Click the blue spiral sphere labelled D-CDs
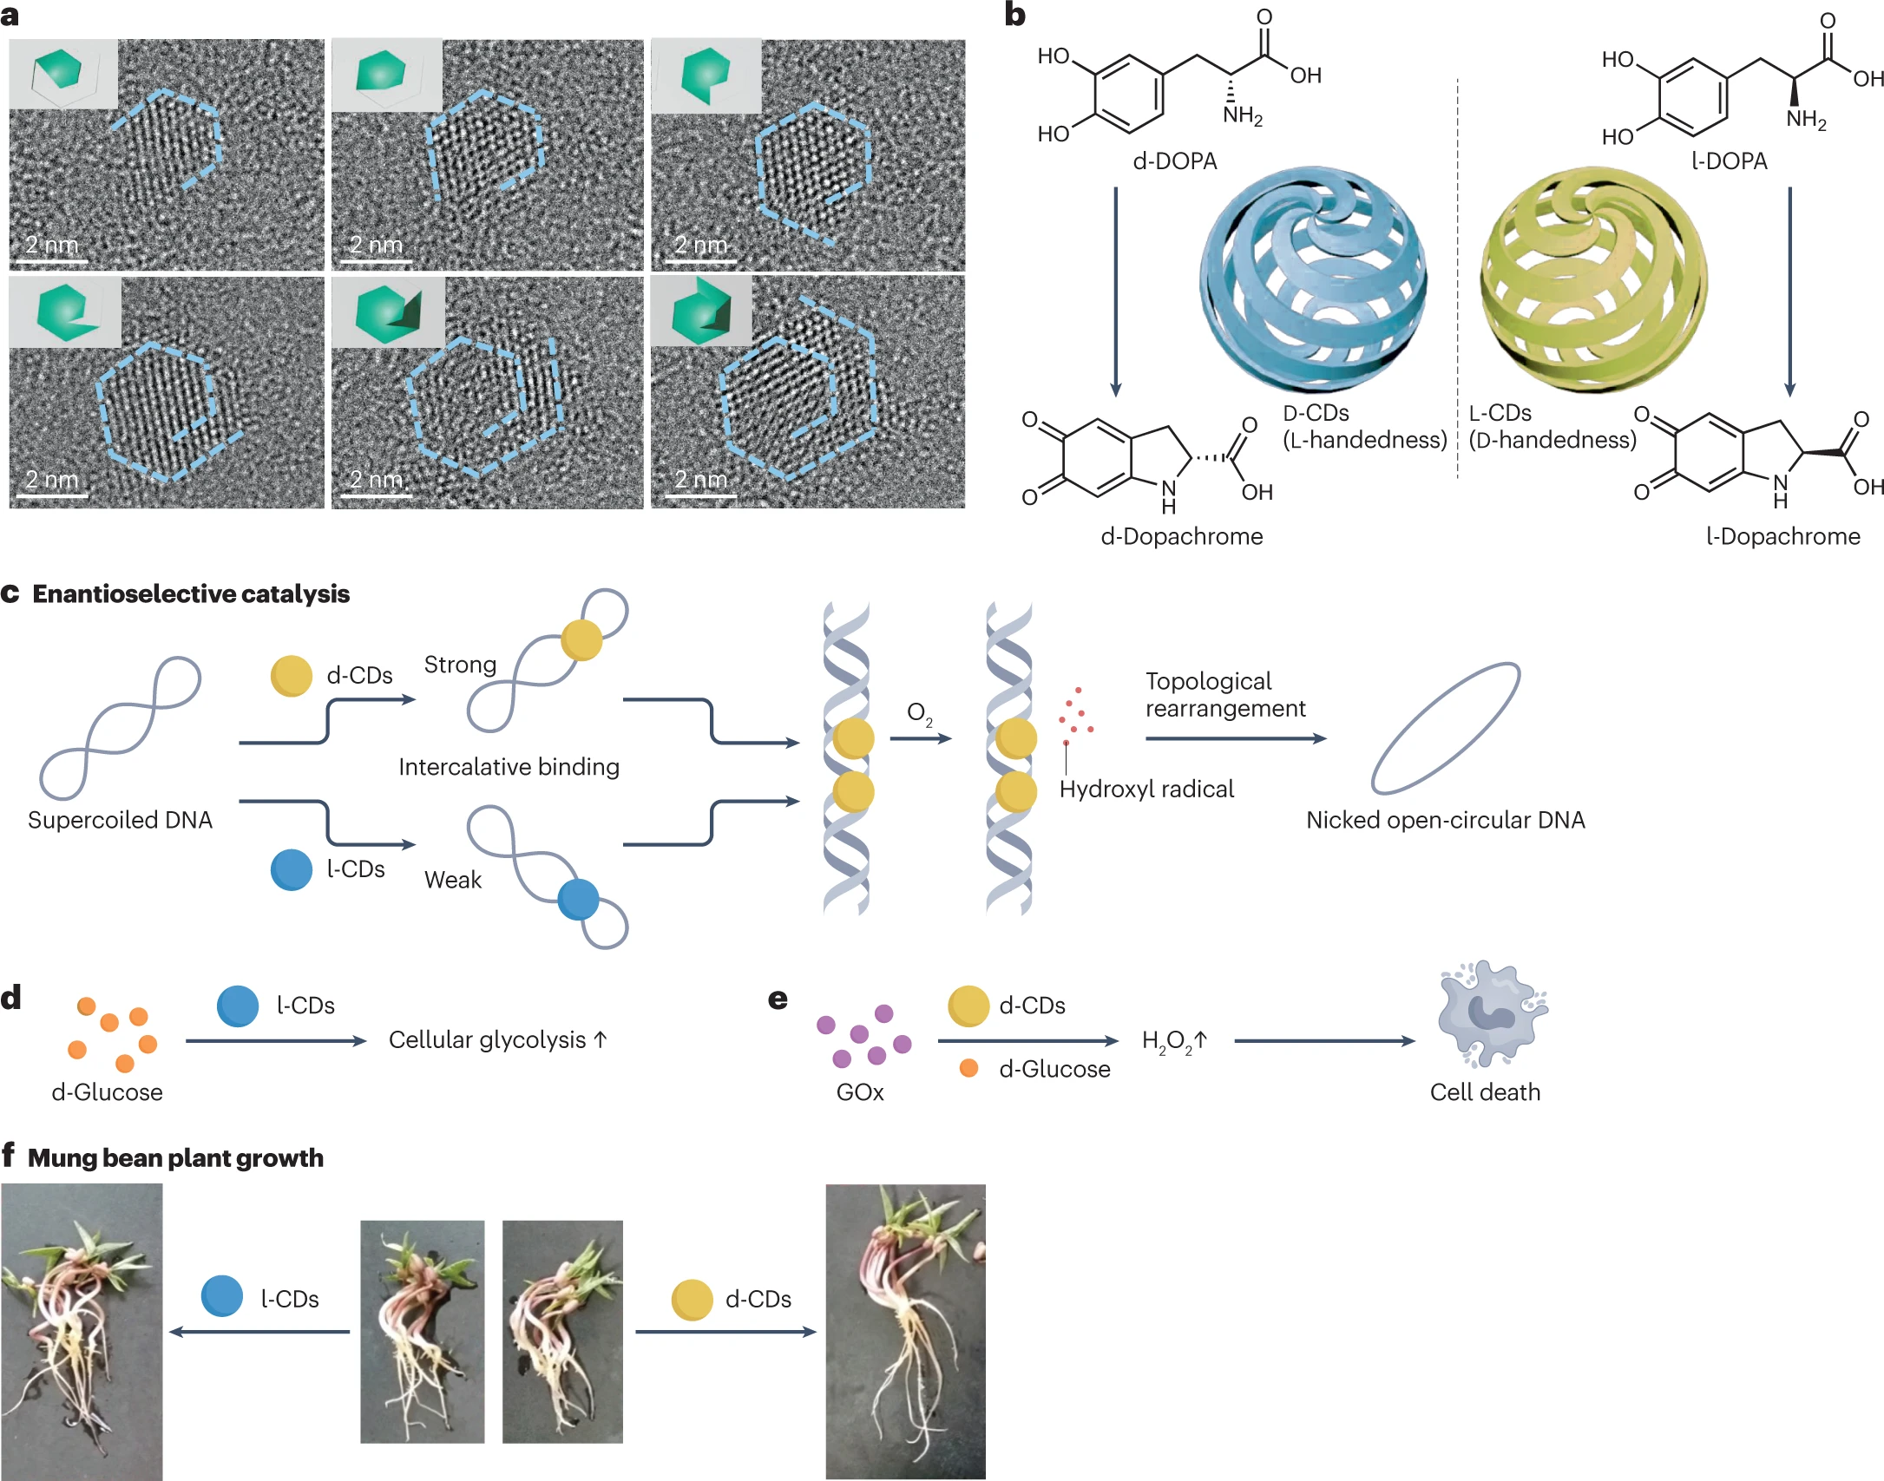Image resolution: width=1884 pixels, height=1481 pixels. [1312, 279]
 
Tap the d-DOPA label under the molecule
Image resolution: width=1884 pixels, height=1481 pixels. [1175, 161]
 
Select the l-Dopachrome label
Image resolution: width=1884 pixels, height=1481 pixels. [1782, 536]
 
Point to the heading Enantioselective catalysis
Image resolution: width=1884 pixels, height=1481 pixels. [191, 594]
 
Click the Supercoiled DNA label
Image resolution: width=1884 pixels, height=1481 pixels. [120, 820]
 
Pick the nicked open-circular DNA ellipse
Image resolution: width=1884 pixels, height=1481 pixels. [1445, 728]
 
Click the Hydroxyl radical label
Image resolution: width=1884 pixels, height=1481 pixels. [1146, 789]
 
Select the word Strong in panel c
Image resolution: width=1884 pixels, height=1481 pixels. [460, 665]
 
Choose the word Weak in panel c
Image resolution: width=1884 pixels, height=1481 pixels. [452, 880]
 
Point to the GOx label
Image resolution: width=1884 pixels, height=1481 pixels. [860, 1092]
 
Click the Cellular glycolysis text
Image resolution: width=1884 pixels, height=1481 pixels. [487, 1039]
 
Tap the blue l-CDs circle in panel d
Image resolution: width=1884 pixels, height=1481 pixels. [238, 1006]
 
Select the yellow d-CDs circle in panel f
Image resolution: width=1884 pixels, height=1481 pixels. [693, 1300]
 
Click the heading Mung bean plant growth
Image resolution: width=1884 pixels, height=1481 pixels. [175, 1158]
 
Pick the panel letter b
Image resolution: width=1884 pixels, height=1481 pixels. [1014, 15]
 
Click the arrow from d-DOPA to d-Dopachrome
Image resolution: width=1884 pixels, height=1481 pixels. [1116, 292]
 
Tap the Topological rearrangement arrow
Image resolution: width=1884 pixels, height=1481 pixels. [1236, 738]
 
